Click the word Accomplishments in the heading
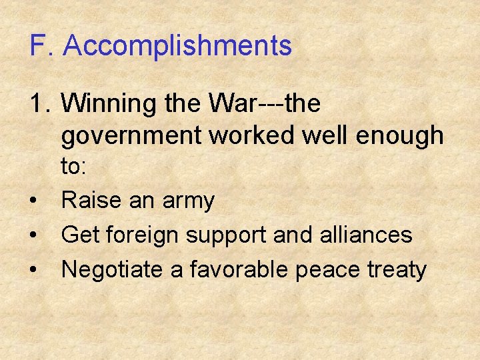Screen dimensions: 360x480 178,47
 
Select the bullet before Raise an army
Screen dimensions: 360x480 33,201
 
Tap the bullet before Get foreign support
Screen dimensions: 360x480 33,235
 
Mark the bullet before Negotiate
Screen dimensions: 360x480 33,270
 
